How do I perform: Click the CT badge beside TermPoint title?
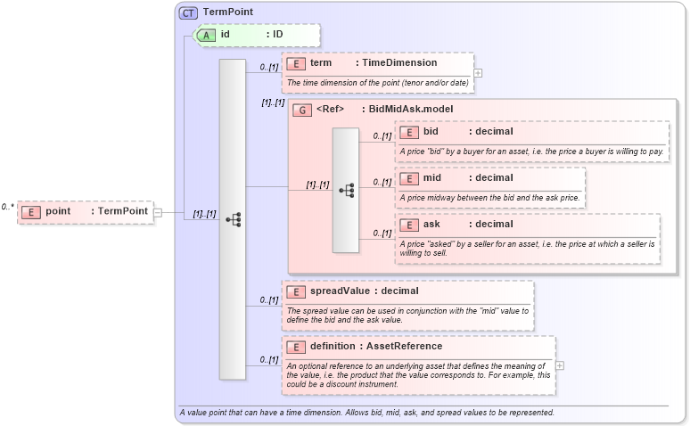(x=188, y=12)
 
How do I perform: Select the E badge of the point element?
(x=30, y=211)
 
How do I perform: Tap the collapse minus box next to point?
(x=157, y=212)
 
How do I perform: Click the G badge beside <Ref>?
(x=302, y=110)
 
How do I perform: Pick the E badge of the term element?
(x=295, y=63)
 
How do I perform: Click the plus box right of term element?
(x=479, y=73)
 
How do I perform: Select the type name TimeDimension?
(x=398, y=63)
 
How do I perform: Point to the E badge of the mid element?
(x=408, y=178)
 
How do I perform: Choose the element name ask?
(x=431, y=224)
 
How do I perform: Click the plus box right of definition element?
(x=560, y=365)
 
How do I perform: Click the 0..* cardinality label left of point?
(x=8, y=207)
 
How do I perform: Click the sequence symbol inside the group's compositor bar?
(x=346, y=191)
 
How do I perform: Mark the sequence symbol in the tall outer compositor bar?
(x=233, y=219)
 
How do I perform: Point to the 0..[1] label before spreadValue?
(x=268, y=299)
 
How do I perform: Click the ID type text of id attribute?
(x=278, y=35)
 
